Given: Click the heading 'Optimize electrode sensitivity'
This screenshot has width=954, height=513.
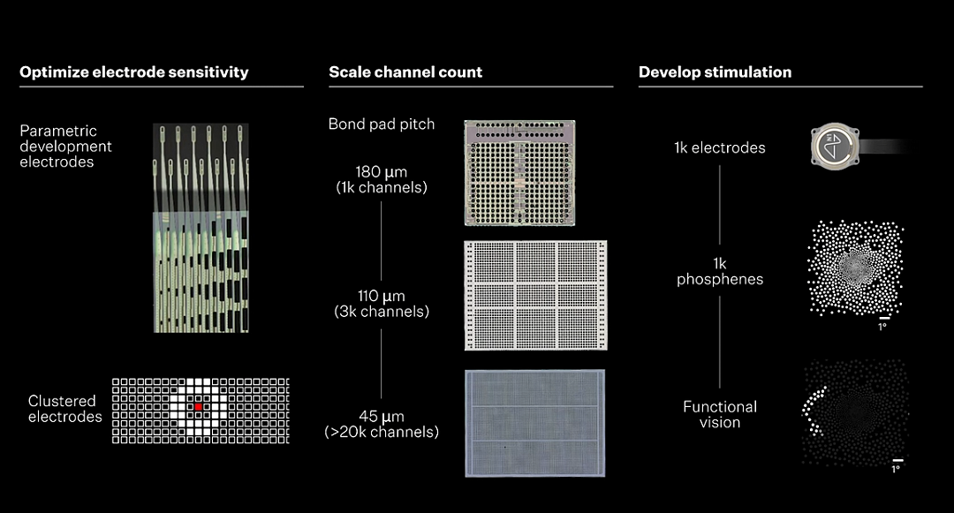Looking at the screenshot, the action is pyautogui.click(x=134, y=72).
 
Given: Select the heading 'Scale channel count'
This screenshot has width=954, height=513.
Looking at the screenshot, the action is pyautogui.click(x=405, y=72).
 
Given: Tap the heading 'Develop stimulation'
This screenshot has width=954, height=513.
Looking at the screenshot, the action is pyautogui.click(x=715, y=72).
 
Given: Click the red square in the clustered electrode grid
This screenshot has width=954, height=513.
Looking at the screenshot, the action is pyautogui.click(x=199, y=407).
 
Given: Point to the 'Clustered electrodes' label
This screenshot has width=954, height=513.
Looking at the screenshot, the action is pyautogui.click(x=64, y=409).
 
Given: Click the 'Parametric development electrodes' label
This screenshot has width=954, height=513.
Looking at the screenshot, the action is pyautogui.click(x=65, y=146).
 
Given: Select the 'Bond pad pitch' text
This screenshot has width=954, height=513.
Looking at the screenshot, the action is pyautogui.click(x=382, y=124).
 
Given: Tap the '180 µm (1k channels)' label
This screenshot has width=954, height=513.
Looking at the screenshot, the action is pyautogui.click(x=382, y=179).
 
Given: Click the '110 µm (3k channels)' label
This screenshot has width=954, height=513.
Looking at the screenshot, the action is pyautogui.click(x=382, y=304).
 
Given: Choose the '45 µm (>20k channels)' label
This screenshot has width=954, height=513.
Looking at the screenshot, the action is pyautogui.click(x=382, y=424).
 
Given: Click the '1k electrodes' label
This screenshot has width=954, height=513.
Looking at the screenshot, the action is pyautogui.click(x=720, y=147).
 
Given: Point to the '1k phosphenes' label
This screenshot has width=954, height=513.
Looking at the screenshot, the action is pyautogui.click(x=720, y=271).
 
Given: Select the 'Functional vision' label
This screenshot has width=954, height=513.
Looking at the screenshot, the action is pyautogui.click(x=720, y=414).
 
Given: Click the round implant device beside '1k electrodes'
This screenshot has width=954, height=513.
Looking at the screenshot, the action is pyautogui.click(x=835, y=147).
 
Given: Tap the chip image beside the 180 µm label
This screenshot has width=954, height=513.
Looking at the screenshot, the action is pyautogui.click(x=519, y=173).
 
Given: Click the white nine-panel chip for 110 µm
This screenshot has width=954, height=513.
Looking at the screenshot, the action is pyautogui.click(x=535, y=296).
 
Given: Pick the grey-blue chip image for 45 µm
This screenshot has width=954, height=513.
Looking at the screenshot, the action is pyautogui.click(x=535, y=423).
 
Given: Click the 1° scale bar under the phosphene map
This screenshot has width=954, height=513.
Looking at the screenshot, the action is pyautogui.click(x=884, y=318).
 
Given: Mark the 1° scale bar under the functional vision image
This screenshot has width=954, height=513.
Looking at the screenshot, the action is pyautogui.click(x=898, y=461).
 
